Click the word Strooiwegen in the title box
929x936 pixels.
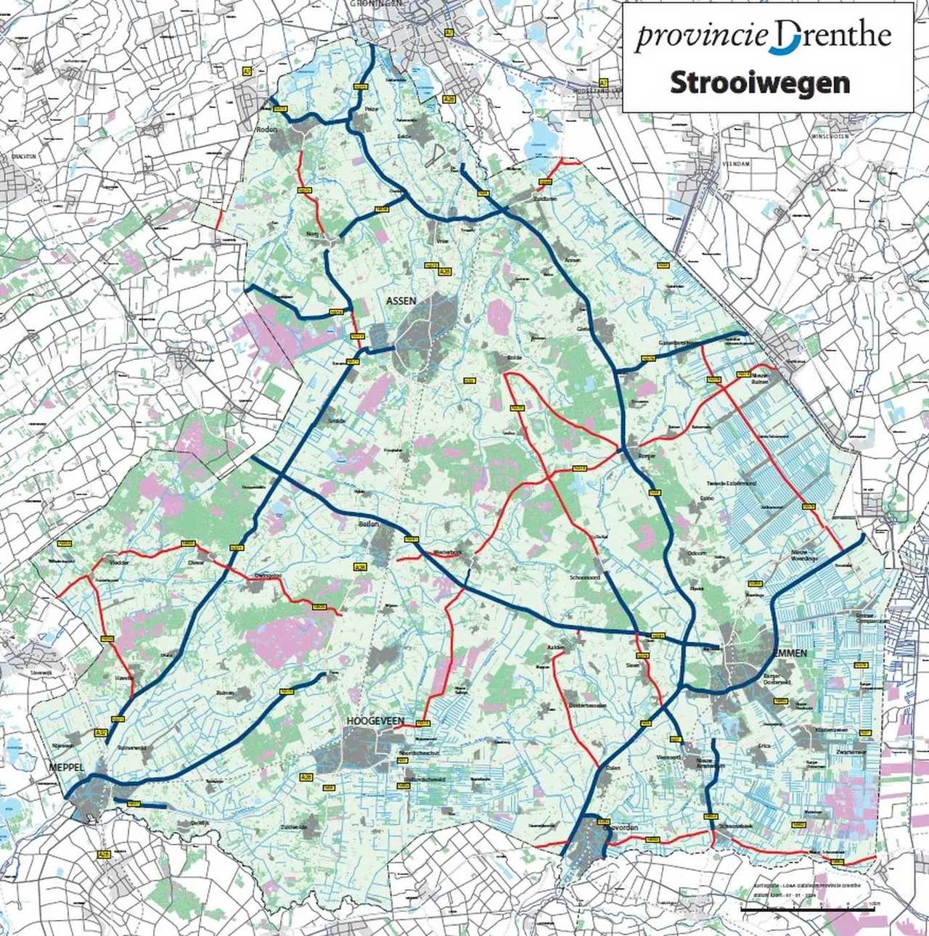click(x=759, y=83)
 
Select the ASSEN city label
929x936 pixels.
click(x=401, y=300)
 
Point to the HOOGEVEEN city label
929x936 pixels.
click(x=375, y=721)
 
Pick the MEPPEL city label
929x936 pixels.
click(x=67, y=767)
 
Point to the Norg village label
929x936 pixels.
click(x=313, y=234)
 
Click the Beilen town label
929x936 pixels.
click(x=369, y=523)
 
